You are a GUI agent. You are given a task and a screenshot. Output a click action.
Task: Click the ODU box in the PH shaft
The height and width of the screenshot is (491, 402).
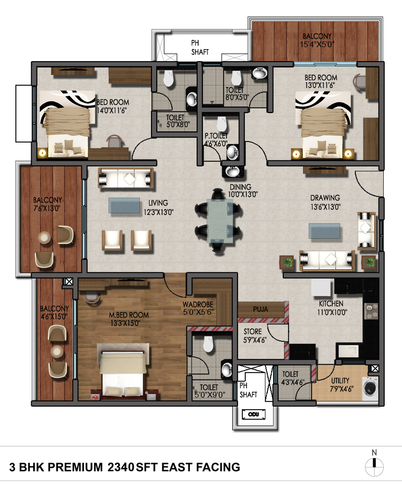point(253,414)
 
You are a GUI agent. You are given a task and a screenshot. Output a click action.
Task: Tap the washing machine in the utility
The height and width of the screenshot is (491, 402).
point(370,388)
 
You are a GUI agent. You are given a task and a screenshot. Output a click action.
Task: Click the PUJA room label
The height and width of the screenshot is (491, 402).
point(260,310)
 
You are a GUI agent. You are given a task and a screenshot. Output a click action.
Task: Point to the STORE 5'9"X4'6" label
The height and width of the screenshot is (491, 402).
point(255,336)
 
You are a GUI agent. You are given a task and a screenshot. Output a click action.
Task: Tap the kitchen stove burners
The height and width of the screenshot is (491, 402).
point(371,311)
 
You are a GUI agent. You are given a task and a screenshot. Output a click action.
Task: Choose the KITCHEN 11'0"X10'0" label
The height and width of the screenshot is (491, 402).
point(331,308)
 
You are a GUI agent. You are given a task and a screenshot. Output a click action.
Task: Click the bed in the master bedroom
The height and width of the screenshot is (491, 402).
point(123,373)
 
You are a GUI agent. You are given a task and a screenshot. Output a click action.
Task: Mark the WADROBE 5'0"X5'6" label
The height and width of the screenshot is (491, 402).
point(198,308)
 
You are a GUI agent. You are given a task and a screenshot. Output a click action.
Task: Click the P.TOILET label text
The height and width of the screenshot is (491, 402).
point(216,136)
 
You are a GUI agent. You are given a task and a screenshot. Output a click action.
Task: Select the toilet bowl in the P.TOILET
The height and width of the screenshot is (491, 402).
point(222,124)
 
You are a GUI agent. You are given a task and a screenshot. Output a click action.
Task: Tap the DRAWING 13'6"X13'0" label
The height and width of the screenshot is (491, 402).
point(326,202)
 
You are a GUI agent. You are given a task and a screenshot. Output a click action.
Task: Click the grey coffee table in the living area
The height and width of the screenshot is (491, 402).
point(124,206)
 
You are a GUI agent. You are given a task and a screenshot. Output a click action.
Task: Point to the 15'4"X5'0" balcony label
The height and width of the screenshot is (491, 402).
point(317,44)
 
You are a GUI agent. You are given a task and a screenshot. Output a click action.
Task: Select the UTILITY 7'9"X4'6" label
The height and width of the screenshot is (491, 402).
point(341,385)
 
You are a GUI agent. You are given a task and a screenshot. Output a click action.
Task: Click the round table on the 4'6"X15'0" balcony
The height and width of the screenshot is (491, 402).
point(57,352)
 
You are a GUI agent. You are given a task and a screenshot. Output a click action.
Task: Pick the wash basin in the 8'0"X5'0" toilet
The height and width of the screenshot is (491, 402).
point(259,73)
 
